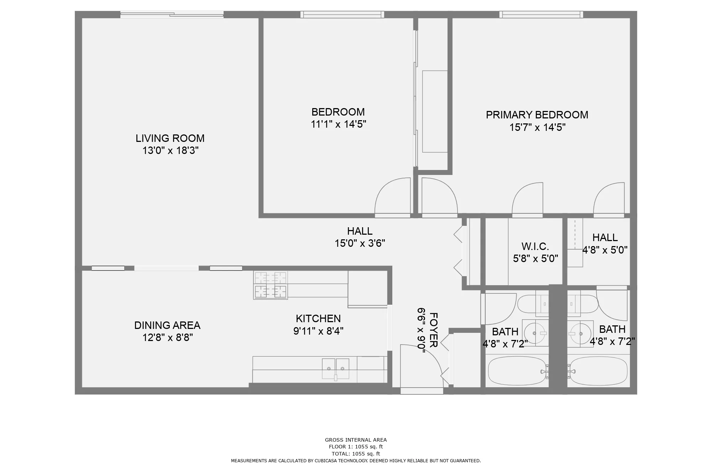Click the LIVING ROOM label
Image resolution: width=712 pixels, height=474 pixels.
pyautogui.click(x=170, y=138)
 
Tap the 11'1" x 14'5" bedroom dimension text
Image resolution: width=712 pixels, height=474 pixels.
pyautogui.click(x=338, y=124)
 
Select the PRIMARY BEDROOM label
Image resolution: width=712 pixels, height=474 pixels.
pyautogui.click(x=537, y=115)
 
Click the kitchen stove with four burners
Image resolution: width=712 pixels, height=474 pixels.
pyautogui.click(x=271, y=285)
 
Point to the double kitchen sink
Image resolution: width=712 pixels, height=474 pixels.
pyautogui.click(x=335, y=369)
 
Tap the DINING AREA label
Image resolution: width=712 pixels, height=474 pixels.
pyautogui.click(x=167, y=325)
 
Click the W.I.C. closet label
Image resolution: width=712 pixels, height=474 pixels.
pyautogui.click(x=535, y=246)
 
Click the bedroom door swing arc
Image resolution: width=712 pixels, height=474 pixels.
pyautogui.click(x=392, y=196)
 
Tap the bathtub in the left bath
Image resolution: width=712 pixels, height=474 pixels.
pyautogui.click(x=517, y=371)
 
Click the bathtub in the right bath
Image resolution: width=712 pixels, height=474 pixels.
pyautogui.click(x=598, y=371)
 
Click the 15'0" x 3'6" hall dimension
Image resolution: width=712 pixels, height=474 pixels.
pyautogui.click(x=360, y=243)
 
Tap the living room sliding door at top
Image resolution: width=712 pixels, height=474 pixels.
pyautogui.click(x=172, y=15)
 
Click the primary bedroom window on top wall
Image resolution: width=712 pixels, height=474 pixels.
pyautogui.click(x=541, y=15)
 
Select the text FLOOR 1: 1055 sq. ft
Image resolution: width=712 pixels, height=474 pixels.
pyautogui.click(x=356, y=447)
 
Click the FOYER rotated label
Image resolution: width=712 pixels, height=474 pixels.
pyautogui.click(x=433, y=330)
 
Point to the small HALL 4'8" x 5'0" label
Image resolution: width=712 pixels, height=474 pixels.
pyautogui.click(x=605, y=237)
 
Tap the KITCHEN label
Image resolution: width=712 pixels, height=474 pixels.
pyautogui.click(x=318, y=318)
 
